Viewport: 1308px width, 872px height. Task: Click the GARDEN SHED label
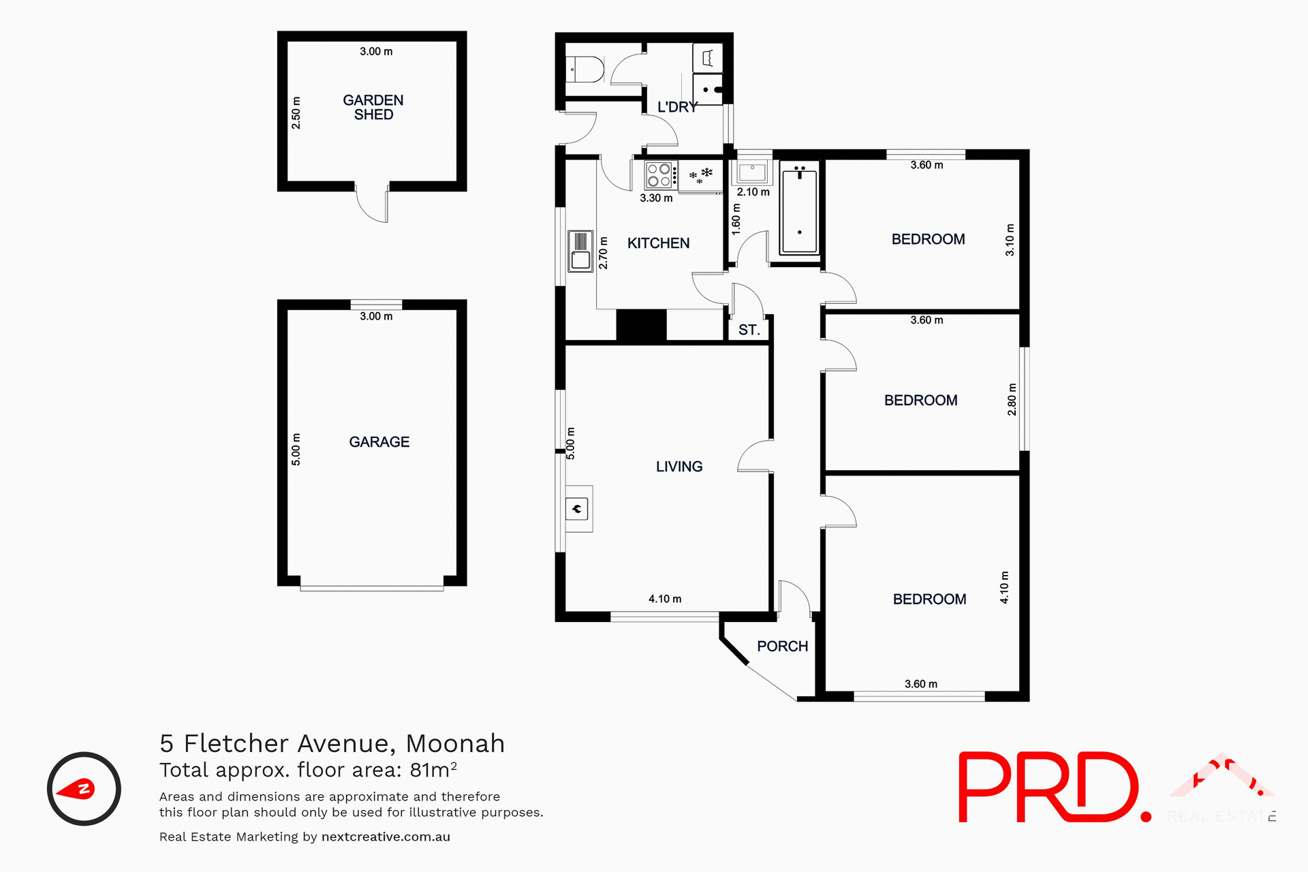point(373,108)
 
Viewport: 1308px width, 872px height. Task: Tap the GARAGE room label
point(379,442)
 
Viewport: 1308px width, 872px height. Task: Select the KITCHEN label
point(658,243)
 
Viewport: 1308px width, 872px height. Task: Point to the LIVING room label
point(679,467)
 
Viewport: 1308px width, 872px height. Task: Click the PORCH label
point(782,646)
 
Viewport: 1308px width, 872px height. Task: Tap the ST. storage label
point(749,330)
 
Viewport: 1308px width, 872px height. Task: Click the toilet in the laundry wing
point(586,69)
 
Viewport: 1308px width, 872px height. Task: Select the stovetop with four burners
point(661,175)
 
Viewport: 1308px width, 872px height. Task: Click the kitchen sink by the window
point(580,251)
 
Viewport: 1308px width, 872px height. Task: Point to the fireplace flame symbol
point(577,508)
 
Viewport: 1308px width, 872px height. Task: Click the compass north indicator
point(84,789)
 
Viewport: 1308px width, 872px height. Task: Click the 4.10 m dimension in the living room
point(664,599)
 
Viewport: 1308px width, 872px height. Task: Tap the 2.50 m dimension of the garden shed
point(296,113)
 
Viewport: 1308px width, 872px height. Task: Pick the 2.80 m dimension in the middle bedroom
point(1012,399)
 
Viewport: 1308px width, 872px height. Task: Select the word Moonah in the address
point(455,743)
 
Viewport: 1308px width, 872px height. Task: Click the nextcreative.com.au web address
point(386,837)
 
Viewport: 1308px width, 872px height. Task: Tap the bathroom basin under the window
point(752,172)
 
